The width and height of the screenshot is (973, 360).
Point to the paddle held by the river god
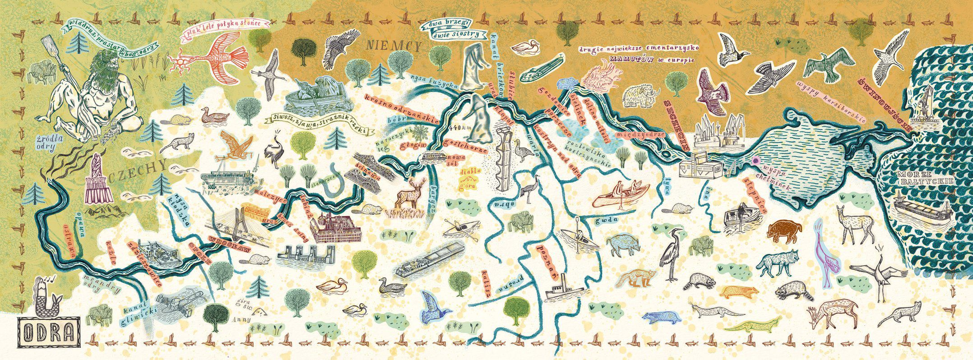click(x=50, y=50)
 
